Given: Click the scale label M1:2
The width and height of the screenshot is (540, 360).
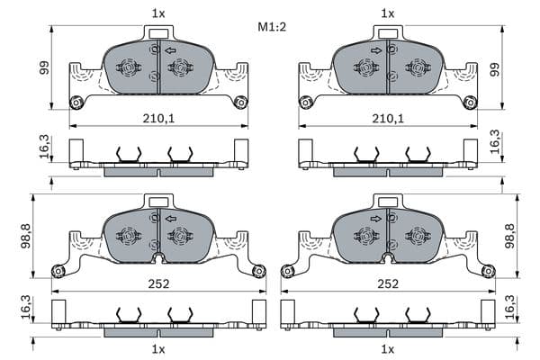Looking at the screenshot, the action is [272, 26].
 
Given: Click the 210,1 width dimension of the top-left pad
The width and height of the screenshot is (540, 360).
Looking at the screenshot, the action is [158, 119].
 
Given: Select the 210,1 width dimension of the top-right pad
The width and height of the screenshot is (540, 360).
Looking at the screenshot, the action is [388, 119].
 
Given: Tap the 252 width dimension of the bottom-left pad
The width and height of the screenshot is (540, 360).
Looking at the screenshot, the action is [158, 283].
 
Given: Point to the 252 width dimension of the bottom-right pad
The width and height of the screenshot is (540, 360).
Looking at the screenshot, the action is [388, 283].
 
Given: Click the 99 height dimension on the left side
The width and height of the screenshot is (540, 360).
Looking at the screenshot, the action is [44, 67].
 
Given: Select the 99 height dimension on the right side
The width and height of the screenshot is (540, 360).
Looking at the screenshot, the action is [495, 69].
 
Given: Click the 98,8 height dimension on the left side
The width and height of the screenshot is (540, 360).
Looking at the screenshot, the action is [26, 236].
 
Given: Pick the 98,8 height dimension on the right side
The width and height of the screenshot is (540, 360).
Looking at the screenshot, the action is [509, 236].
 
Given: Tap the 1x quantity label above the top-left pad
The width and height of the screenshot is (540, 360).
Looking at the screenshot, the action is [158, 13].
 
